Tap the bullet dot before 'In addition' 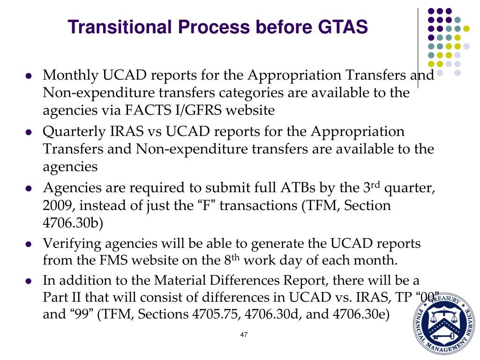pos(29,281)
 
